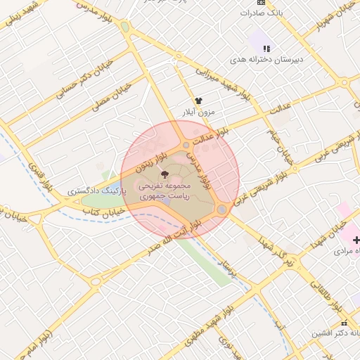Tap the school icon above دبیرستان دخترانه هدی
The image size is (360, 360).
(266, 49)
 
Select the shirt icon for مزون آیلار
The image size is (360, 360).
(198, 101)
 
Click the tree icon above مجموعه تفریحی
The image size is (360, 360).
(165, 174)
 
